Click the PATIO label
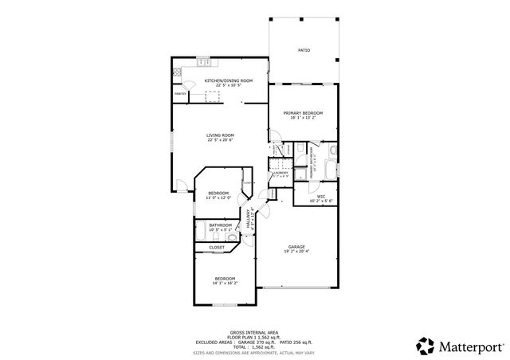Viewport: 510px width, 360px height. coord(304,50)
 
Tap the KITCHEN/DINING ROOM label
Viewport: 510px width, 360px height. coord(229,80)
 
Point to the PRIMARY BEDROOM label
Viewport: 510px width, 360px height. coord(303,113)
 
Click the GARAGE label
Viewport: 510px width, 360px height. coord(297,247)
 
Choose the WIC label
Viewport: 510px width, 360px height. coord(320,196)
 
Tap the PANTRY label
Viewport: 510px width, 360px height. coord(181,94)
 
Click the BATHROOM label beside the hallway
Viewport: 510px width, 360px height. coord(220,225)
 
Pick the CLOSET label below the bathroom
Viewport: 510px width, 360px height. coord(217,248)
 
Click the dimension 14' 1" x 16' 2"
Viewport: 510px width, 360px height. coord(224,283)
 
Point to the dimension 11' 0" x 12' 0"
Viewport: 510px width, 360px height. coord(219,198)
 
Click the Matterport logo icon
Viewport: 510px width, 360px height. coord(426,346)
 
